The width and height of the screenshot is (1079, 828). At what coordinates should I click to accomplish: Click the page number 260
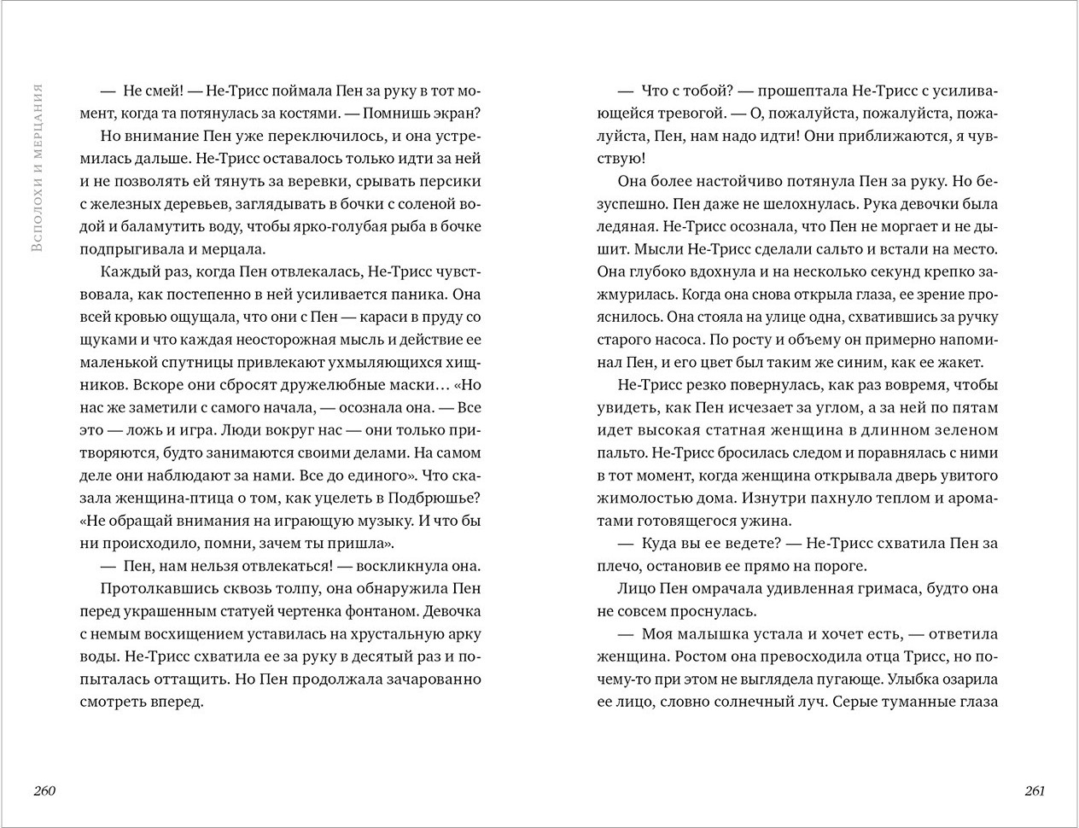coord(44,790)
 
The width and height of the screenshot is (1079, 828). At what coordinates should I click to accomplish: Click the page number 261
coord(1034,790)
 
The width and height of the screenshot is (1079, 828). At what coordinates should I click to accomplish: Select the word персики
coord(451,181)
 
